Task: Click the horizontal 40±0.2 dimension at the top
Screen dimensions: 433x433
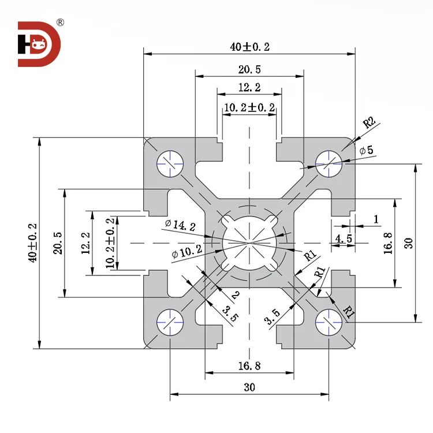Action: (249, 47)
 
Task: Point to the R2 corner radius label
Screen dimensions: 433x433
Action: (369, 122)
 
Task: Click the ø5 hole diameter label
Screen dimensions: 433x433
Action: (366, 151)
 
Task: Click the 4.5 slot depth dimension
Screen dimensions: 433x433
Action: (344, 238)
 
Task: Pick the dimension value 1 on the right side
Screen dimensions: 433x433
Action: (376, 219)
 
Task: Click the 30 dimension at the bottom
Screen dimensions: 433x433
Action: (249, 388)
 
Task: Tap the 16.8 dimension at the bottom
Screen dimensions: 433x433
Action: (249, 365)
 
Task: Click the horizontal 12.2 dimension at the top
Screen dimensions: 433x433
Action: (249, 88)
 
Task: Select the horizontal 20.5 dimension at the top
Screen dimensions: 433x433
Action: (249, 70)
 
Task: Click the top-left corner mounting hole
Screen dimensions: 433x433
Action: (170, 164)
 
